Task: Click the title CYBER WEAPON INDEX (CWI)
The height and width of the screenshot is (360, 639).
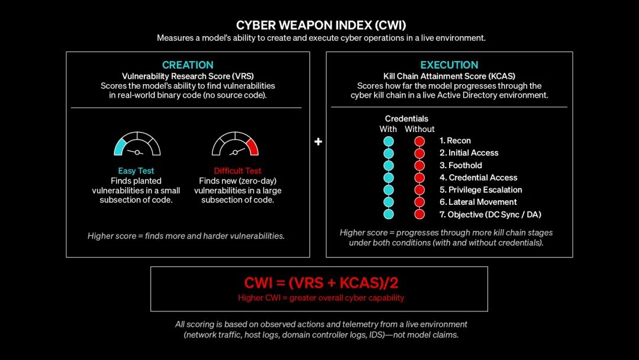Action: [x=321, y=25]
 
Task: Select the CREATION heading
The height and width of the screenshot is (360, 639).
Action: [x=188, y=65]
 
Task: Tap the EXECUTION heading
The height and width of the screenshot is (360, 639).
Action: [x=449, y=65]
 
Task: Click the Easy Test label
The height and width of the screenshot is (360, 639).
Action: [x=136, y=171]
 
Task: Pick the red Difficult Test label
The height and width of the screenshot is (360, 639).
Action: [x=238, y=171]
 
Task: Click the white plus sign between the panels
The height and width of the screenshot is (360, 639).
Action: [x=318, y=142]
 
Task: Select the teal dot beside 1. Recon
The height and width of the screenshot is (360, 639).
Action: [x=389, y=142]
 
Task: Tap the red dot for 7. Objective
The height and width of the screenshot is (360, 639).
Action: [x=419, y=214]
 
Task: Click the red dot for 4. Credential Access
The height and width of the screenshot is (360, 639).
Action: [x=419, y=178]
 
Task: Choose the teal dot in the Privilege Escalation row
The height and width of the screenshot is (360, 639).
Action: [x=389, y=190]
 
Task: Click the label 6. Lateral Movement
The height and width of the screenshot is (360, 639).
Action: [x=478, y=202]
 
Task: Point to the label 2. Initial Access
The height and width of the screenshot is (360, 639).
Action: [x=469, y=153]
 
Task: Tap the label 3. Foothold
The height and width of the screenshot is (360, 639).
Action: [x=460, y=166]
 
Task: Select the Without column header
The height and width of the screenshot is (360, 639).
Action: [x=419, y=129]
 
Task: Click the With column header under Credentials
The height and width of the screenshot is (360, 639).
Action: [x=388, y=129]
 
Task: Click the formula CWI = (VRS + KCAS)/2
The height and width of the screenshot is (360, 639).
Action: [x=321, y=282]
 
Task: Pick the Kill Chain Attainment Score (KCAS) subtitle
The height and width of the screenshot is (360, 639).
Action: [x=449, y=76]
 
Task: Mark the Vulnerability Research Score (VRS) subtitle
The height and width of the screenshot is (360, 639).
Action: [x=188, y=76]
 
